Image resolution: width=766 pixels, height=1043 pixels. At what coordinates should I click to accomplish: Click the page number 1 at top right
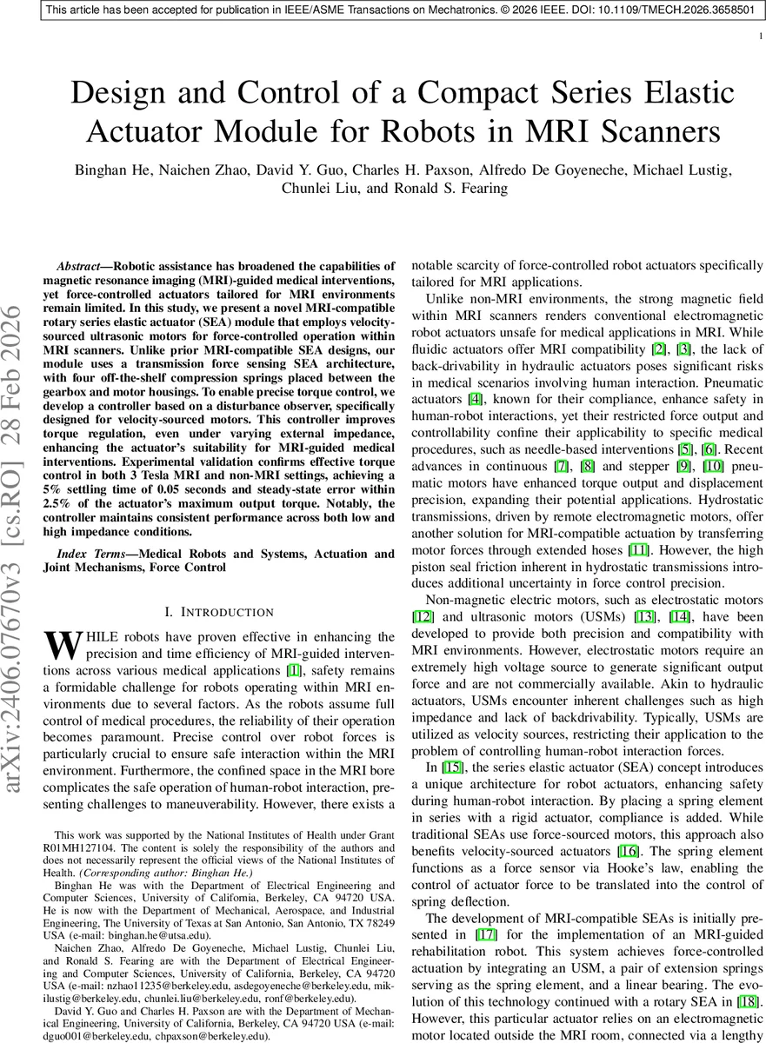coord(761,36)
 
